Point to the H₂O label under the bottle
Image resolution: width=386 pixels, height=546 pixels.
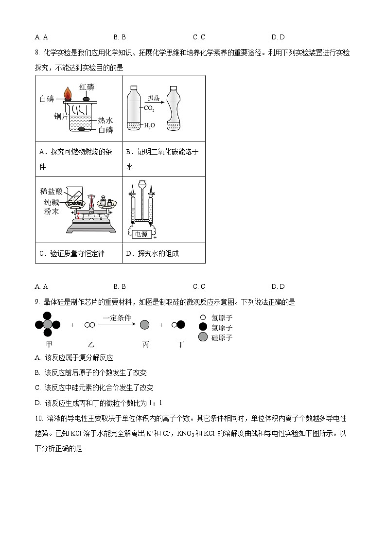point(149,125)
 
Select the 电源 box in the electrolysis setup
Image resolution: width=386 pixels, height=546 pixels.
point(141,234)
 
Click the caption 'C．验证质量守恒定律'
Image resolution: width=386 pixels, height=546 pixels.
point(72,253)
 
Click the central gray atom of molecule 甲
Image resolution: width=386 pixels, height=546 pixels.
point(48,324)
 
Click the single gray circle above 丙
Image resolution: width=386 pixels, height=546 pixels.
point(144,325)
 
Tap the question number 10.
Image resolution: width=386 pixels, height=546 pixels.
point(38,418)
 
